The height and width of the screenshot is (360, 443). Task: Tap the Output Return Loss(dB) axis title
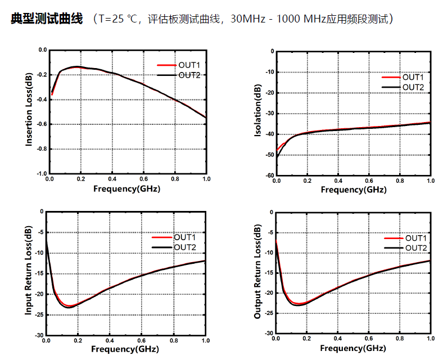pyautogui.click(x=257, y=273)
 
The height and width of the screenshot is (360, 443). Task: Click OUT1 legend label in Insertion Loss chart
pyautogui.click(x=189, y=65)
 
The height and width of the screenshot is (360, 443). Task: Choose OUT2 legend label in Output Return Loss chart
pyautogui.click(x=416, y=248)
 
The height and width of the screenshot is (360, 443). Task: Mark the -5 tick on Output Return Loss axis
pyautogui.click(x=268, y=232)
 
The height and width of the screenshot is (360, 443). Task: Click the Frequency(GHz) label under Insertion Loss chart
pyautogui.click(x=126, y=188)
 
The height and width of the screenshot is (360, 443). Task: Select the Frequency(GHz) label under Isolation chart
pyautogui.click(x=354, y=190)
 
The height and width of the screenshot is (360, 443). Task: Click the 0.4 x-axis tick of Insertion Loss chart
pyautogui.click(x=112, y=179)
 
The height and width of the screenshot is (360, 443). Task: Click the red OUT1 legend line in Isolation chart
pyautogui.click(x=390, y=77)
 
